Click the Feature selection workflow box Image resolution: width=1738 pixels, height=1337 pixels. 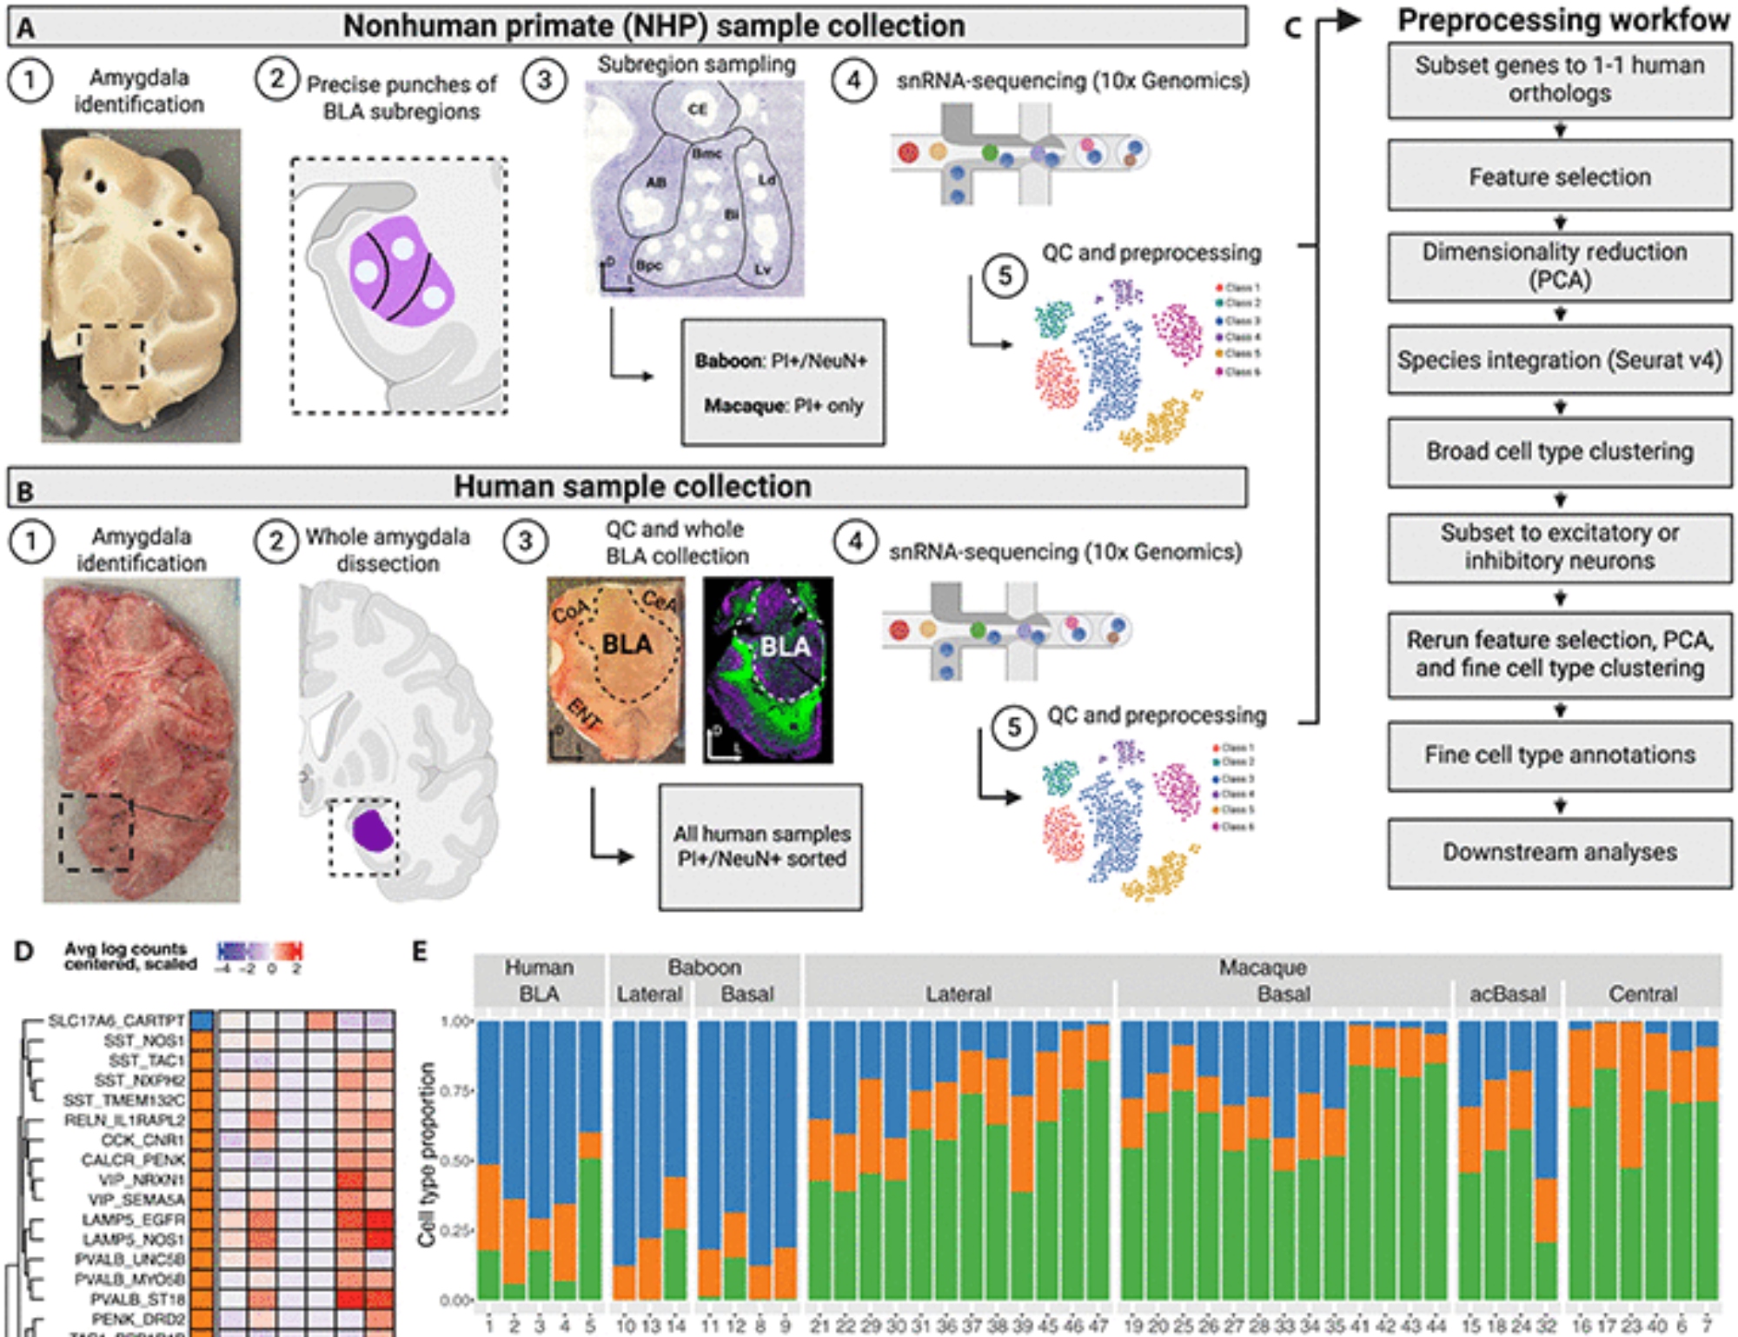click(x=1559, y=176)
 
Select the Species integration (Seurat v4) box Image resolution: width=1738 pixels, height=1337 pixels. click(x=1559, y=360)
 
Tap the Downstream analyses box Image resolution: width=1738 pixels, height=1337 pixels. click(x=1559, y=852)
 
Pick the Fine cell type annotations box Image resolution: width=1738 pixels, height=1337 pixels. click(x=1559, y=755)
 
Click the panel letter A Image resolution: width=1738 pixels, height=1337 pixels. click(x=26, y=29)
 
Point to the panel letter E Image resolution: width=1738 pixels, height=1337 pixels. click(x=420, y=952)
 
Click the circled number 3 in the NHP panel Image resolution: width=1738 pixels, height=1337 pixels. click(x=544, y=80)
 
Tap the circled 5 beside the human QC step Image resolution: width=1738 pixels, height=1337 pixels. click(x=1013, y=727)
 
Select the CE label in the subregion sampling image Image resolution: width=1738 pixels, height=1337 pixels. click(x=697, y=110)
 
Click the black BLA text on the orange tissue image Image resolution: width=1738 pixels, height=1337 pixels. click(x=627, y=644)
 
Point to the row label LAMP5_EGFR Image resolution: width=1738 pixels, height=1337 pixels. click(x=134, y=1220)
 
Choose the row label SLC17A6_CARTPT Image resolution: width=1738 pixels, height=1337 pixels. click(x=116, y=1020)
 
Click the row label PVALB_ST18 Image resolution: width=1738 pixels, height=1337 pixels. click(x=138, y=1300)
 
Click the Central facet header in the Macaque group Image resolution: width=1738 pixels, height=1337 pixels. click(x=1642, y=994)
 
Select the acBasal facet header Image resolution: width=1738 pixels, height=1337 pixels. click(x=1508, y=994)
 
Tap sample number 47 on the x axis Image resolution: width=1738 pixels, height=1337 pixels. click(x=1098, y=1326)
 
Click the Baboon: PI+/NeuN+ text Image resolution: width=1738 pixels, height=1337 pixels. click(x=780, y=361)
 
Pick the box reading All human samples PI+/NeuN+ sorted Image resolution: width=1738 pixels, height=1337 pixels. click(x=761, y=847)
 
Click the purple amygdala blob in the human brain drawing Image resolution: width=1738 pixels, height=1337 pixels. click(x=372, y=830)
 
